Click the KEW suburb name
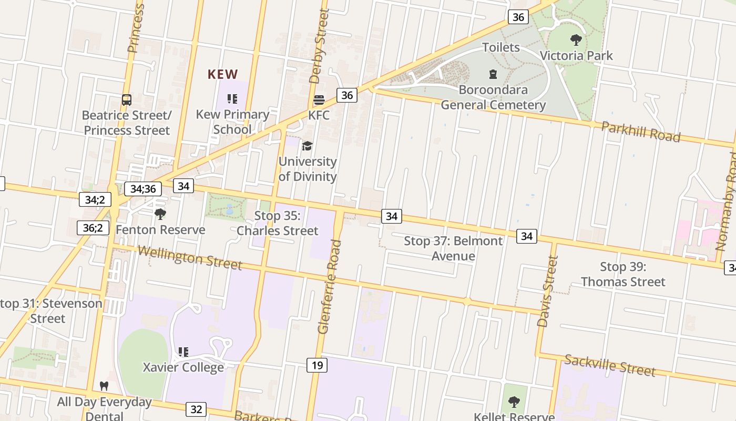pyautogui.click(x=223, y=74)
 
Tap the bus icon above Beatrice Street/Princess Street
pyautogui.click(x=127, y=99)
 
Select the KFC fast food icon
pyautogui.click(x=319, y=100)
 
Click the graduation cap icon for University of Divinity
pyautogui.click(x=307, y=146)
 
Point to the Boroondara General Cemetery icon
pyautogui.click(x=493, y=74)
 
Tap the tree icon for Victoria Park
pyautogui.click(x=576, y=39)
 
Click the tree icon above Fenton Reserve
pyautogui.click(x=160, y=214)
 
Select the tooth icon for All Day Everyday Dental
pyautogui.click(x=104, y=386)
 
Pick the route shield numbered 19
pyautogui.click(x=317, y=365)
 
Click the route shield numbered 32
pyautogui.click(x=196, y=409)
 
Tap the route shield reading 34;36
pyautogui.click(x=143, y=188)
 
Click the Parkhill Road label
pyautogui.click(x=640, y=132)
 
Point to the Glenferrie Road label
pyautogui.click(x=330, y=287)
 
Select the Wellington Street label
pyautogui.click(x=190, y=257)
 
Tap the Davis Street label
pyautogui.click(x=547, y=291)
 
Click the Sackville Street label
pyautogui.click(x=610, y=365)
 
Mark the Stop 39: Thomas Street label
pyautogui.click(x=623, y=274)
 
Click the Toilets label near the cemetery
pyautogui.click(x=501, y=47)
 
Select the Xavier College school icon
pyautogui.click(x=183, y=352)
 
